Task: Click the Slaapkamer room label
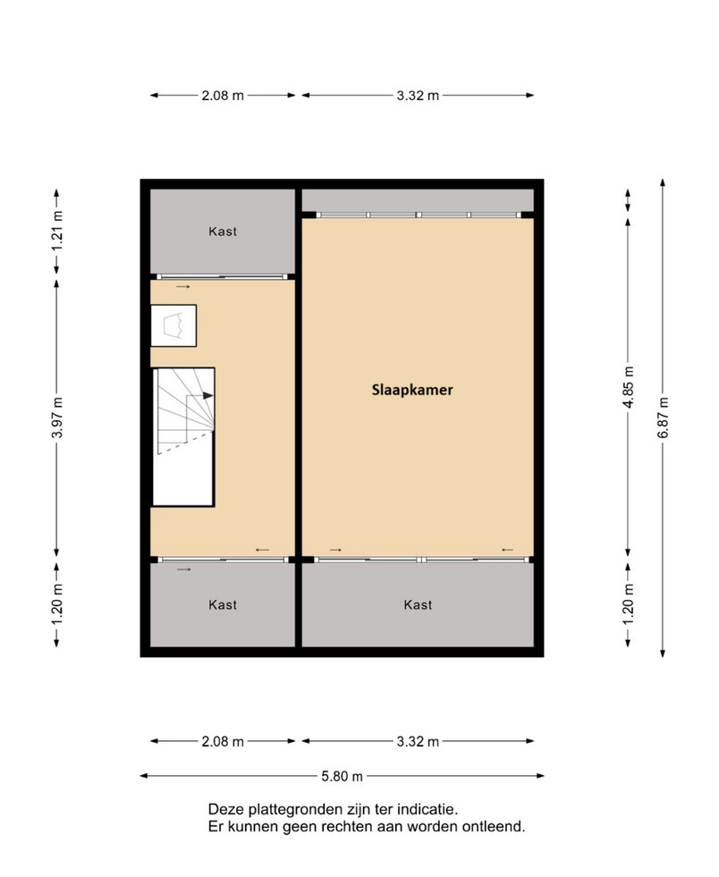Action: coord(412,390)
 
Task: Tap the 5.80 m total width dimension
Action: coord(342,776)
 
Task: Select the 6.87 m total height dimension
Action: coord(663,417)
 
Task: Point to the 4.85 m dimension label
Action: coord(629,387)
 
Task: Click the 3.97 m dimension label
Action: coord(57,417)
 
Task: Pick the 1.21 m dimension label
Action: coord(57,232)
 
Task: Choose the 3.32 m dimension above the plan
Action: coord(418,96)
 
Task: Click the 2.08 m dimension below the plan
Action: coord(223,742)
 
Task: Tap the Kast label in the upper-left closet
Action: coord(223,232)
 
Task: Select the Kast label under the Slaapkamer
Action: coord(418,604)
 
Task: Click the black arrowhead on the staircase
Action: coord(208,395)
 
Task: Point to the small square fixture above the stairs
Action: coord(173,325)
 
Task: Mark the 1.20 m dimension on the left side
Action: coord(57,604)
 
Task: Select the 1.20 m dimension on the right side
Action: coord(629,604)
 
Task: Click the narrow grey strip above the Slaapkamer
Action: coord(418,200)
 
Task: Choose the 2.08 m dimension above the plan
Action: coord(223,96)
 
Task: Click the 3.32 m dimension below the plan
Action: coord(418,742)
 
